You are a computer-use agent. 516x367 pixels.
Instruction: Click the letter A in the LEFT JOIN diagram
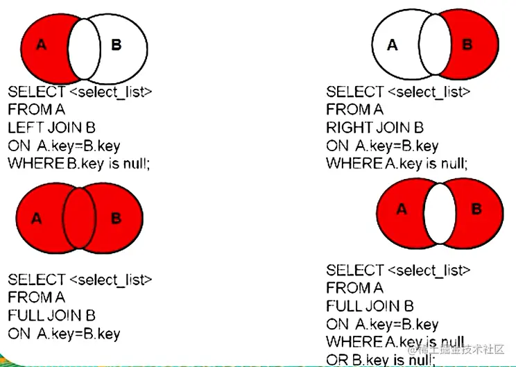[x=41, y=45]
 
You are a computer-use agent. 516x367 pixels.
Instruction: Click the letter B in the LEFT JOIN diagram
[x=117, y=45]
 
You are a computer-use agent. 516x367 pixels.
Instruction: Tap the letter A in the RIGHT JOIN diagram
[x=393, y=46]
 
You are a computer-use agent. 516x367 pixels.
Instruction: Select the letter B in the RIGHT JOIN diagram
[x=467, y=45]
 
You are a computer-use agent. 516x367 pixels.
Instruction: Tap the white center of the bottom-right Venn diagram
[x=440, y=210]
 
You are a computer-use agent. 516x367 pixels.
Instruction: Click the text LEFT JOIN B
[x=51, y=128]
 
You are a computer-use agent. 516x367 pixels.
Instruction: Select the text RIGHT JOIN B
[x=375, y=128]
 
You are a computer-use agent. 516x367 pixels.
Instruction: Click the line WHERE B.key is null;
[x=79, y=164]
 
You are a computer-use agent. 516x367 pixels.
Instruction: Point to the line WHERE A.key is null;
[x=397, y=164]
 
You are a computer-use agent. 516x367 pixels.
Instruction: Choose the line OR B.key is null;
[x=380, y=359]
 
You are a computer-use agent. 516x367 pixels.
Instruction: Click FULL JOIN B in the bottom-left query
[x=51, y=316]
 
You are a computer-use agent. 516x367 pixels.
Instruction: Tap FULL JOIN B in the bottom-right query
[x=370, y=306]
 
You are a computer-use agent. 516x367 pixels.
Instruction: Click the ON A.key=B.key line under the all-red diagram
[x=64, y=334]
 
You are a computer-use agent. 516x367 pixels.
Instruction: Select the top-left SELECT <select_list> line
[x=79, y=92]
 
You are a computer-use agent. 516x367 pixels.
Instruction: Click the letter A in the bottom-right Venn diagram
[x=402, y=209]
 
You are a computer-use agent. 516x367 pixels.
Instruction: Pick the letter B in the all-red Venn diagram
[x=116, y=219]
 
